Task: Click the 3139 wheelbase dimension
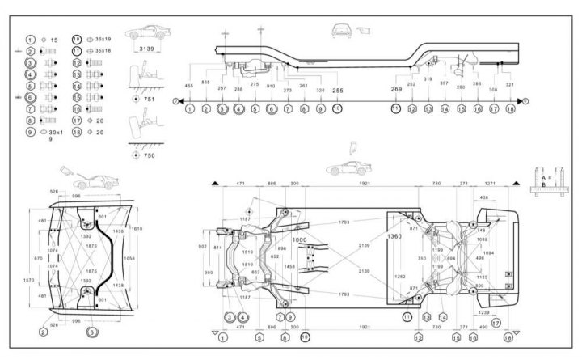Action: [x=147, y=49]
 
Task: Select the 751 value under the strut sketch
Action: [x=149, y=99]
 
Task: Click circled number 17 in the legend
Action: [x=77, y=119]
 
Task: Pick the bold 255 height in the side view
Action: [x=338, y=91]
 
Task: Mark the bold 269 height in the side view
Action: [x=396, y=89]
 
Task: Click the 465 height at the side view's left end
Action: [x=188, y=85]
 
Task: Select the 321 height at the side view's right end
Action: [x=509, y=85]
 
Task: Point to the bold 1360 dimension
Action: [x=394, y=236]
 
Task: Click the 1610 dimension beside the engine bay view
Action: [x=137, y=229]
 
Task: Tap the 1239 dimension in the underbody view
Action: [x=484, y=311]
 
